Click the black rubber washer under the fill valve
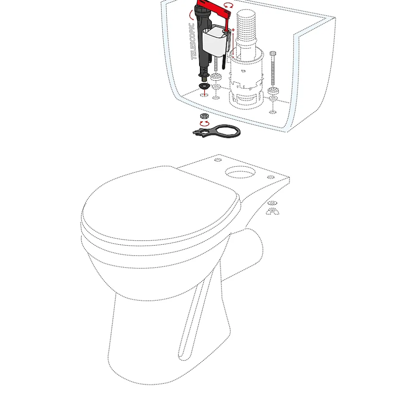204,85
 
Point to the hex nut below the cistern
205,116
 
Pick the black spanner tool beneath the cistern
217,131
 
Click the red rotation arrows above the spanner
205,124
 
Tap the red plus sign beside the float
233,30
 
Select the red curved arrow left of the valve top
191,15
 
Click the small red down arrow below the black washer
205,93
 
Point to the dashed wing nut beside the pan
272,211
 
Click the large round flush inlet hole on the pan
240,172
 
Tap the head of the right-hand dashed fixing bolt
273,53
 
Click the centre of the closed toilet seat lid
160,204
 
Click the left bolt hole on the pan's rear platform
218,160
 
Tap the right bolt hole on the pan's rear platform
271,177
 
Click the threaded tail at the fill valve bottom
204,78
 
